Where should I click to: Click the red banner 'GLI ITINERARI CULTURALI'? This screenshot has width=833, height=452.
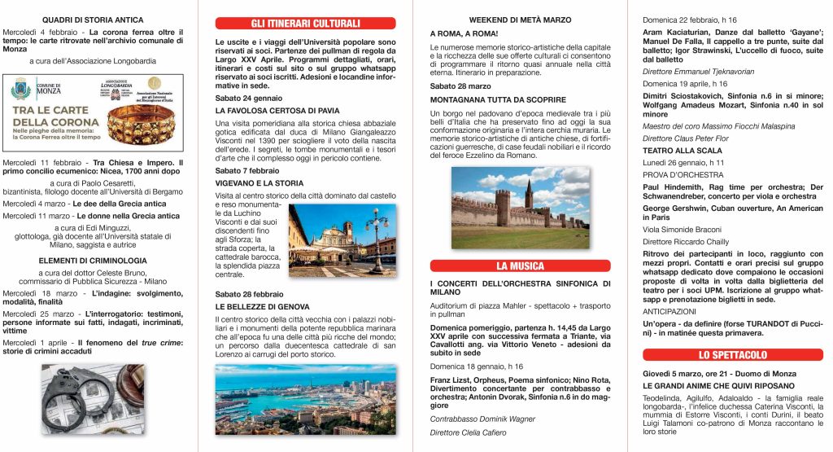[305, 23]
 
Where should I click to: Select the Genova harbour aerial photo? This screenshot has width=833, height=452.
[305, 400]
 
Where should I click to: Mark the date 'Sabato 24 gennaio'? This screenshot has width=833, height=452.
[244, 97]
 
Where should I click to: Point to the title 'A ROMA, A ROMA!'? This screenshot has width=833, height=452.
[458, 33]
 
